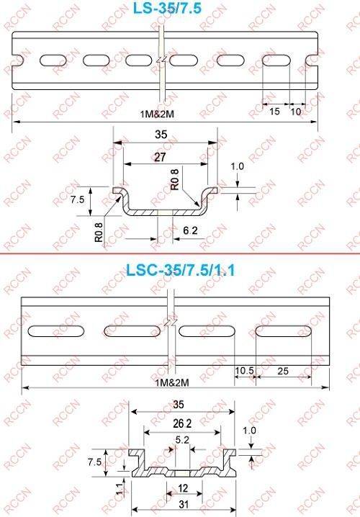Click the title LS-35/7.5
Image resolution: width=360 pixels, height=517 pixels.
coord(166,8)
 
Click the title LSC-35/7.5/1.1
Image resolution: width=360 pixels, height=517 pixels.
coord(181,270)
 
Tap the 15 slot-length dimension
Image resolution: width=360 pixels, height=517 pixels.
coord(274,112)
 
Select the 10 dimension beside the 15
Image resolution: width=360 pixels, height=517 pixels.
coord(296,112)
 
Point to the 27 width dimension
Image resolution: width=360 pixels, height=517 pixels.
coord(160,157)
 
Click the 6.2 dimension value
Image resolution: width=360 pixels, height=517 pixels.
coord(190,230)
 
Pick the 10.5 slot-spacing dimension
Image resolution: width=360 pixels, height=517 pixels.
coord(244,371)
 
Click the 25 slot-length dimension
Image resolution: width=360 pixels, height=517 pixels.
coord(283,371)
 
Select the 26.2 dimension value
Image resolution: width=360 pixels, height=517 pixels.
coord(182,423)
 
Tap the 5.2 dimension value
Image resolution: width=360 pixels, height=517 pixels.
coord(182,440)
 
